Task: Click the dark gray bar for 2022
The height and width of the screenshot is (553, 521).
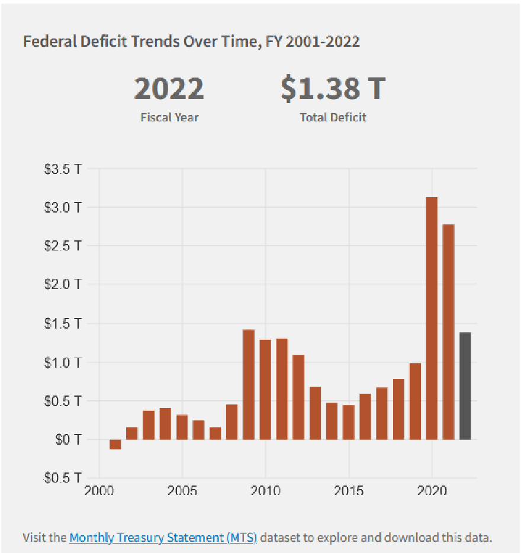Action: click(x=465, y=386)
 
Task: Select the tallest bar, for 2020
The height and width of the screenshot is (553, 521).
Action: click(x=432, y=318)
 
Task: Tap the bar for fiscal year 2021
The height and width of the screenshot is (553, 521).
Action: click(x=449, y=332)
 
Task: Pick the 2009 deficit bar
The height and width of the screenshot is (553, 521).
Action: click(x=249, y=384)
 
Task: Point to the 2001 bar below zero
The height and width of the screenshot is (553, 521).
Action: click(x=115, y=444)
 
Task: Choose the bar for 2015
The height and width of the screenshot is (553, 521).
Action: click(x=349, y=422)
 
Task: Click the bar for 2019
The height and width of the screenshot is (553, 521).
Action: click(x=415, y=401)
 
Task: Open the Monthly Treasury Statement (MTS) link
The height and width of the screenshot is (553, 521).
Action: click(x=163, y=538)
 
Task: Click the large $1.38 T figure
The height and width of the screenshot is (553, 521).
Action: click(x=333, y=89)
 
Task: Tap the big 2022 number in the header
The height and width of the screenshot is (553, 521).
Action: click(x=169, y=89)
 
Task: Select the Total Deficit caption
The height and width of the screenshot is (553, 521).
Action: click(x=333, y=117)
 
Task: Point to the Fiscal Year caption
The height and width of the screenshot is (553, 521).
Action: click(x=169, y=117)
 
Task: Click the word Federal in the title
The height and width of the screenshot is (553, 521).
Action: click(x=44, y=41)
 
